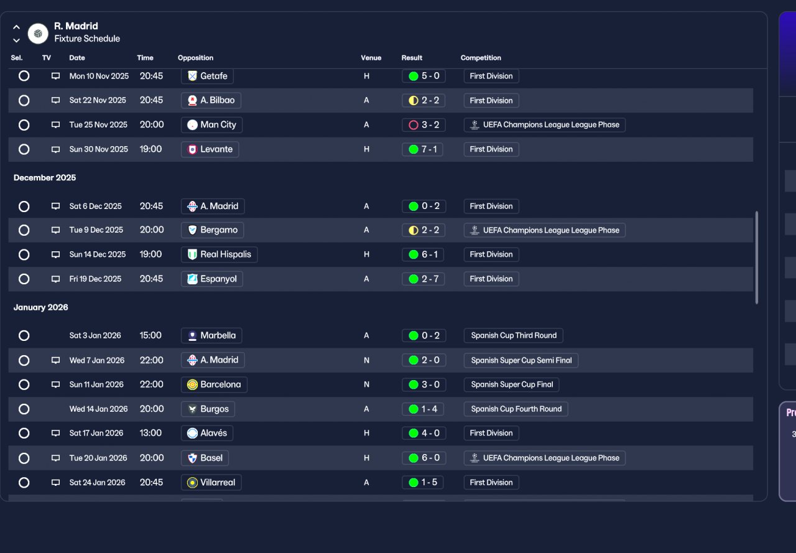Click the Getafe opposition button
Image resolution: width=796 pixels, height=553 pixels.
[x=207, y=76]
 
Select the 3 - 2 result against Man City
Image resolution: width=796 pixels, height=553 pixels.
[x=423, y=125]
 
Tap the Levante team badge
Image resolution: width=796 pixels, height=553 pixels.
[x=192, y=149]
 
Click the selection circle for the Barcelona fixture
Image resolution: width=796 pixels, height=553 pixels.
[x=24, y=384]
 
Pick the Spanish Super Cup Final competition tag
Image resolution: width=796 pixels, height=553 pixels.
[x=511, y=384]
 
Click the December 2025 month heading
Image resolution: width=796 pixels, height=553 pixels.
[x=45, y=178]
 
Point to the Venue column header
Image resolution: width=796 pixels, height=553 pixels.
[x=371, y=58]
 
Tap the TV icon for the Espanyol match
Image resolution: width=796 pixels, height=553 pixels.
[x=55, y=279]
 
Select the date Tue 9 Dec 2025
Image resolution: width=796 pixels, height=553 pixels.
[x=96, y=230]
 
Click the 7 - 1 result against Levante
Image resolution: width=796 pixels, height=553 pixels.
[x=422, y=149]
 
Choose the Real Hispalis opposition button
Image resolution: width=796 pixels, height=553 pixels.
[x=220, y=254]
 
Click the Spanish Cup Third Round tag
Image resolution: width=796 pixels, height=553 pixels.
[x=513, y=335]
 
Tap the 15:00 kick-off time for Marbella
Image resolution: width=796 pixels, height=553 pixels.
[x=150, y=335]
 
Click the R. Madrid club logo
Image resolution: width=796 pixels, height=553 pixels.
[x=38, y=34]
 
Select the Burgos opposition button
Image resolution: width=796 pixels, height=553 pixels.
[x=208, y=409]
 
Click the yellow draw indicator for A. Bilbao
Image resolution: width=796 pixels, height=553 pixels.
[x=414, y=101]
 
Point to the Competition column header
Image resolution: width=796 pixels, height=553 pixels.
[x=481, y=58]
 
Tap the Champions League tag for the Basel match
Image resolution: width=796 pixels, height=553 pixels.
[x=544, y=458]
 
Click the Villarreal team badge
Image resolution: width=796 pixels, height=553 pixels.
[x=192, y=483]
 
